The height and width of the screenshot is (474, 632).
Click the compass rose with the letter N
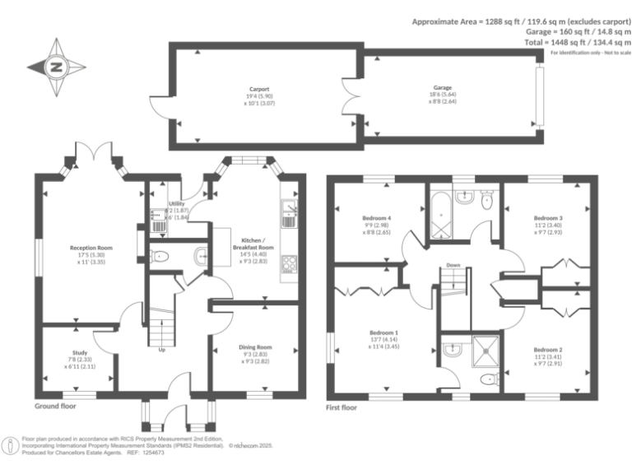pos(56,67)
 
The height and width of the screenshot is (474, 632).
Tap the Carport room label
pos(260,88)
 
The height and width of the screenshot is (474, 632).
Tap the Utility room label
pos(177,203)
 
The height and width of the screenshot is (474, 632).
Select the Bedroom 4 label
pos(378,218)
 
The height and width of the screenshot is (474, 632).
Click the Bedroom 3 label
pos(547,218)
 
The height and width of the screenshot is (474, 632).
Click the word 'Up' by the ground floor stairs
pos(160,349)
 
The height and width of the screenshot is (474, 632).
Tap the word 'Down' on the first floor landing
pos(453,265)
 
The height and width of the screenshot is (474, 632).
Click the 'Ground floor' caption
pos(56,407)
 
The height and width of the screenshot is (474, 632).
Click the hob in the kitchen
pos(290,263)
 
